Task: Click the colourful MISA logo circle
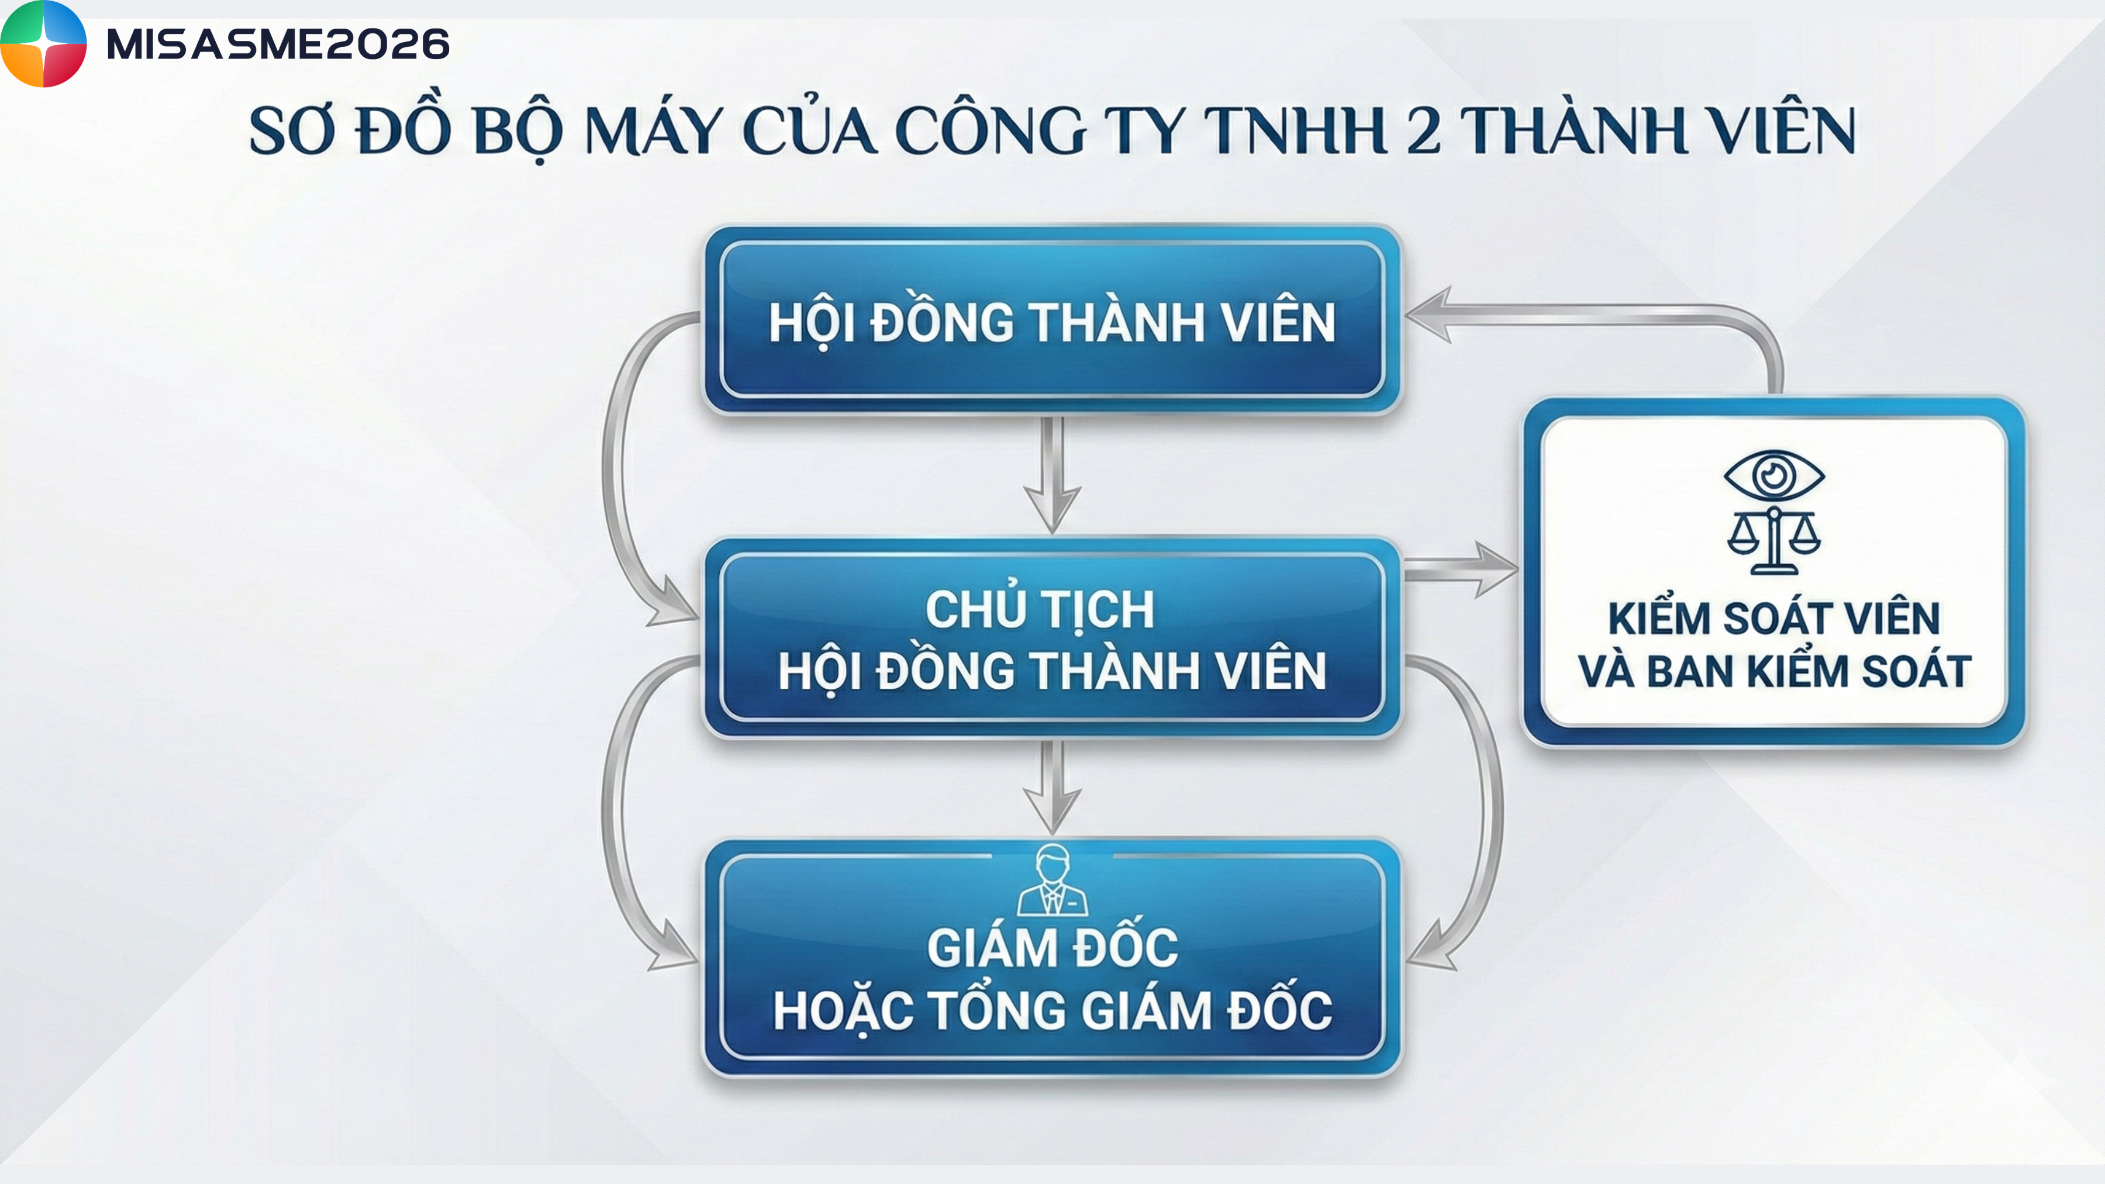tap(43, 43)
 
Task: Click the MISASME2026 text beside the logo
tap(278, 44)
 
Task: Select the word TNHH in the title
tap(1295, 131)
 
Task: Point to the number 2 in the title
tap(1423, 131)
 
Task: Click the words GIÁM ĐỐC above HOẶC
tap(1052, 948)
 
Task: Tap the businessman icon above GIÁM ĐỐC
tap(1052, 879)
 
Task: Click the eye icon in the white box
tap(1773, 475)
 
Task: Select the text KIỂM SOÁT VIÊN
tap(1773, 618)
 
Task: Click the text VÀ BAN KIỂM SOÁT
tap(1773, 671)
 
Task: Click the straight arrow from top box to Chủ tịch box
tap(1052, 475)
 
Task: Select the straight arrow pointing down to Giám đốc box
tap(1052, 788)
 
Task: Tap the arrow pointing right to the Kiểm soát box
tap(1460, 569)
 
